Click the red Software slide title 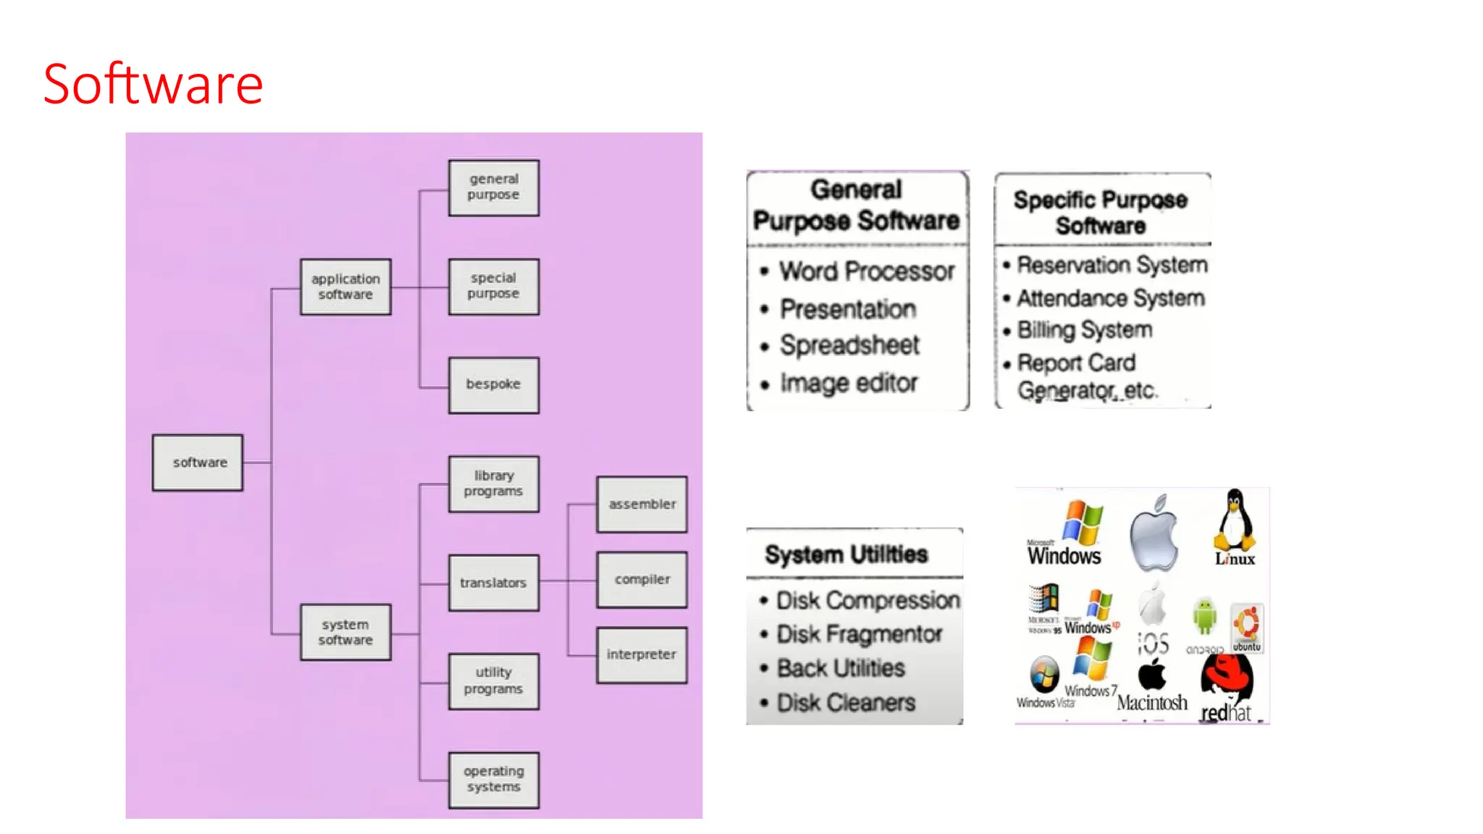[x=153, y=85]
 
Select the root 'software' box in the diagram [x=198, y=463]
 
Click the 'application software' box [x=345, y=287]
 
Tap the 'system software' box [x=345, y=632]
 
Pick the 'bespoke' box [x=493, y=384]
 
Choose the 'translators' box [x=493, y=583]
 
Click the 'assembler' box [x=642, y=505]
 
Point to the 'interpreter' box [x=642, y=654]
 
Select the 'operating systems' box [x=493, y=780]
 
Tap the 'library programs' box [x=493, y=484]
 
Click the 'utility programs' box [x=493, y=681]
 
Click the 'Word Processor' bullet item [x=867, y=271]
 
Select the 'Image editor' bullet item [x=848, y=383]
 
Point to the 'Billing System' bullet [x=1084, y=330]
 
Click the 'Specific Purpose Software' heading [x=1100, y=212]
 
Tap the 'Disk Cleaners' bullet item [x=845, y=703]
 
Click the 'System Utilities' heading [x=846, y=555]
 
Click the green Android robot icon [x=1204, y=617]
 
